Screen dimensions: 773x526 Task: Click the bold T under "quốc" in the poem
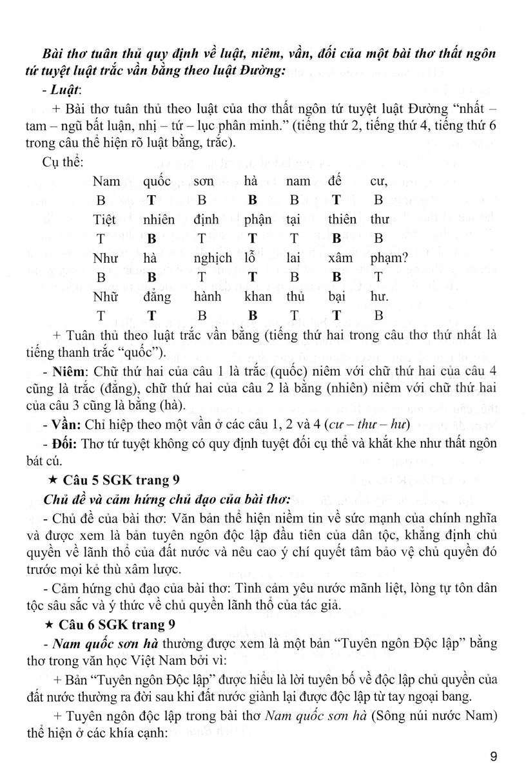[x=152, y=200]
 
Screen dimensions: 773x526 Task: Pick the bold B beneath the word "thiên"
[x=335, y=238]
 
